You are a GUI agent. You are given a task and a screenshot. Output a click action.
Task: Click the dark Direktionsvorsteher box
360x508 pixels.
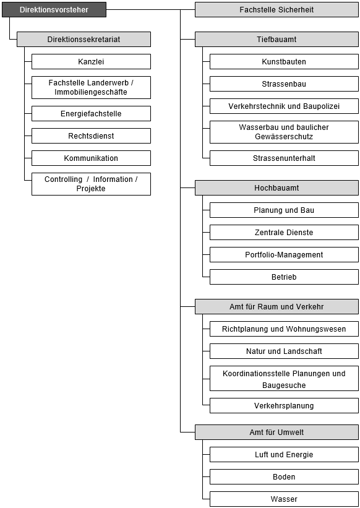pos(54,10)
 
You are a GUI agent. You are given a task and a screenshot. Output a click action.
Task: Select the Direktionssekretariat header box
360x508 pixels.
pos(84,39)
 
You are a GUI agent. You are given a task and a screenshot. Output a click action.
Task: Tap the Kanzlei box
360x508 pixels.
pos(92,61)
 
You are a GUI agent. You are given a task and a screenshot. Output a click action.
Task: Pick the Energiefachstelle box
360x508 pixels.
pos(92,114)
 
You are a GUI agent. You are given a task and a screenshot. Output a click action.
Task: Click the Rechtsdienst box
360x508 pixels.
pos(92,136)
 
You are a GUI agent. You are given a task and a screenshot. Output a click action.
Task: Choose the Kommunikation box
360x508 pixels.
pos(92,158)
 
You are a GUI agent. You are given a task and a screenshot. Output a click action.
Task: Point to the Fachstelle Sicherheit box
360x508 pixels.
pos(276,10)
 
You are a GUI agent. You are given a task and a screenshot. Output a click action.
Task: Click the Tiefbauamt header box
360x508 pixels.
pos(276,39)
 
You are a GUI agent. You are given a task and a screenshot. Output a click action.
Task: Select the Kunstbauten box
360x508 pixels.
pos(285,61)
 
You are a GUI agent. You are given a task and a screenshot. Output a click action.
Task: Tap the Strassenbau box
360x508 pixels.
pos(285,84)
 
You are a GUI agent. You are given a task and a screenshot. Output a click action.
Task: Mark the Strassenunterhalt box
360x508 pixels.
pos(285,158)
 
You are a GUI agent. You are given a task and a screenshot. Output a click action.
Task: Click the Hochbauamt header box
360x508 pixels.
pos(276,188)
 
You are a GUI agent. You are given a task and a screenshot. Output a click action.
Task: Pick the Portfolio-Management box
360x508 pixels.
pos(285,255)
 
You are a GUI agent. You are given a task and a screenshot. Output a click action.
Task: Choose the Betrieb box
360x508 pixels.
pos(285,277)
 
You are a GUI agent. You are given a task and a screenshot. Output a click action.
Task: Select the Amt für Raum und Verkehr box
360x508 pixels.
pos(276,306)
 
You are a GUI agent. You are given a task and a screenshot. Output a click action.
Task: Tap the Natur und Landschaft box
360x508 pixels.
pos(285,351)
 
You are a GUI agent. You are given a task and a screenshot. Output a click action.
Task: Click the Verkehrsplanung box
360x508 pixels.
pos(285,406)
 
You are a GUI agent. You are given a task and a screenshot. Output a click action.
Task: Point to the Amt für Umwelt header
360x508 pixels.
pos(276,432)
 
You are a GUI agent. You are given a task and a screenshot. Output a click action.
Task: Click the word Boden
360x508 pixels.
pos(285,477)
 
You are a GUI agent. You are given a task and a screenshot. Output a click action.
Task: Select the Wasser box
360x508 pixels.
pos(285,499)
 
